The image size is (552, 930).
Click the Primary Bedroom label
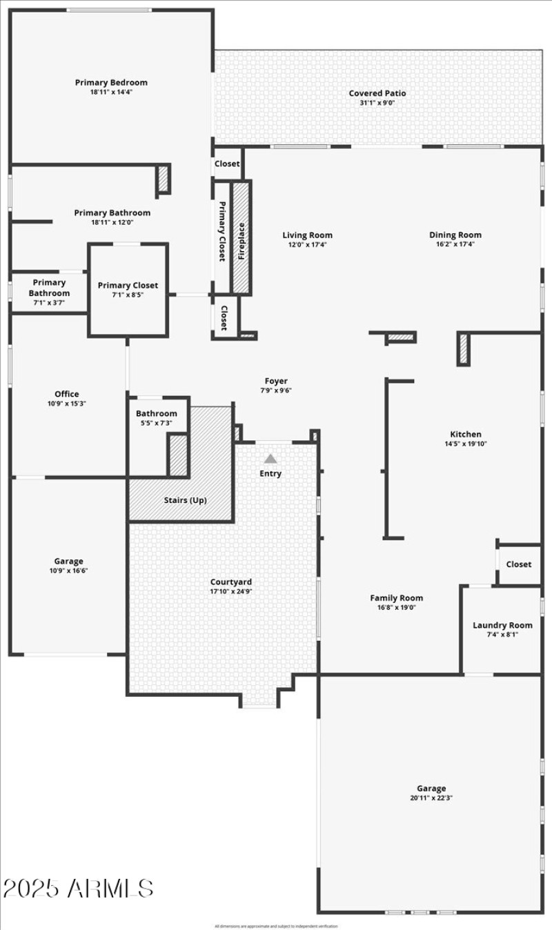tap(111, 83)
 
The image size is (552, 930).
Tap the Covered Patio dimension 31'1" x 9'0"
tap(377, 103)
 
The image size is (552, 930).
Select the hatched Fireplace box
tap(241, 237)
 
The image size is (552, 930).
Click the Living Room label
tap(307, 235)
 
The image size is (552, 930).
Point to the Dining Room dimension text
tap(455, 244)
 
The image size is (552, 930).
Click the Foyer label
tap(276, 381)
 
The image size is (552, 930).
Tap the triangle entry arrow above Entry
tap(270, 458)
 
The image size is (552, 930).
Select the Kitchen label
tap(466, 434)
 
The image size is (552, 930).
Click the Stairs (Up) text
tap(185, 500)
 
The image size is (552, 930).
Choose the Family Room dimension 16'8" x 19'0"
tap(397, 608)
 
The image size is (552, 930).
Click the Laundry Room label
tap(502, 625)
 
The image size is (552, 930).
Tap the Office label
tap(67, 395)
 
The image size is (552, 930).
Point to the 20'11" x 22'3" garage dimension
tap(431, 798)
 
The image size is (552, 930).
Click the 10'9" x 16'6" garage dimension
tap(68, 571)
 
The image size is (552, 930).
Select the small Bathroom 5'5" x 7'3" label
tap(156, 414)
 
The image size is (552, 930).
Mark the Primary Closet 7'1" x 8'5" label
tap(128, 286)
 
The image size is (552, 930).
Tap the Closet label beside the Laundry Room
tap(519, 564)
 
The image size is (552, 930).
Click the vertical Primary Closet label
tap(222, 231)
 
